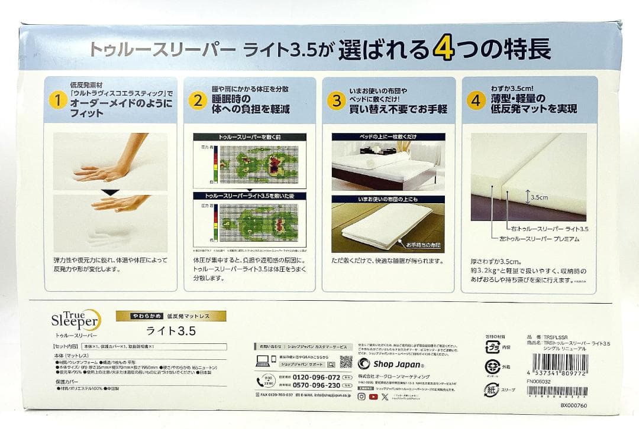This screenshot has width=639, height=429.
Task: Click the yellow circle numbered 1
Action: (57, 100)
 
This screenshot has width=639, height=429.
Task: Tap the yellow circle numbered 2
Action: (198, 100)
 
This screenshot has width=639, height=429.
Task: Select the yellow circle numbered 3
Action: (337, 100)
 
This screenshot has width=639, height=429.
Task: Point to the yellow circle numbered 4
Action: (475, 100)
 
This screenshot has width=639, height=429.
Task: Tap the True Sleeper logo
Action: (73, 321)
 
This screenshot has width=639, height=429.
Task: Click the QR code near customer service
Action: (346, 362)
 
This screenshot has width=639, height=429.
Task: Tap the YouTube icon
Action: (373, 396)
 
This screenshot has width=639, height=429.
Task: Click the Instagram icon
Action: (362, 396)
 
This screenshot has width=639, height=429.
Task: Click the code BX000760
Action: (573, 406)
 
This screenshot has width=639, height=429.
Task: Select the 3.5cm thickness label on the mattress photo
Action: (538, 197)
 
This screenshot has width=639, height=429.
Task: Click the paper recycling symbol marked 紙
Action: (491, 389)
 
